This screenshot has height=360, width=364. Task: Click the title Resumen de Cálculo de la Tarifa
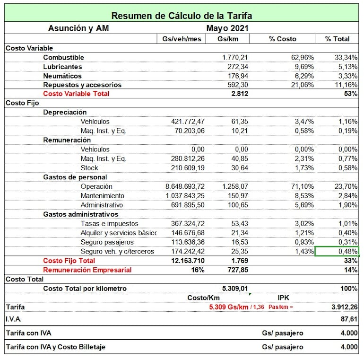tap(182, 16)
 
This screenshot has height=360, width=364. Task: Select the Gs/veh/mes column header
tap(182, 39)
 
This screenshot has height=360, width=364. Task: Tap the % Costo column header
tap(282, 39)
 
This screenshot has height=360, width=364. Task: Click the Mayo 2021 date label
tap(226, 28)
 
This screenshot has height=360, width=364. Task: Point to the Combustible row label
tap(63, 57)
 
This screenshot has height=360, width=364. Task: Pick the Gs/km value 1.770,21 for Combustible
tap(235, 57)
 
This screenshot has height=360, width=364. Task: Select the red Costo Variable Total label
tap(76, 94)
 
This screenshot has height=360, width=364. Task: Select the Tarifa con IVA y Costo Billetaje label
tap(55, 347)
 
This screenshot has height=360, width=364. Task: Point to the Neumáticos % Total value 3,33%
tap(347, 76)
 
